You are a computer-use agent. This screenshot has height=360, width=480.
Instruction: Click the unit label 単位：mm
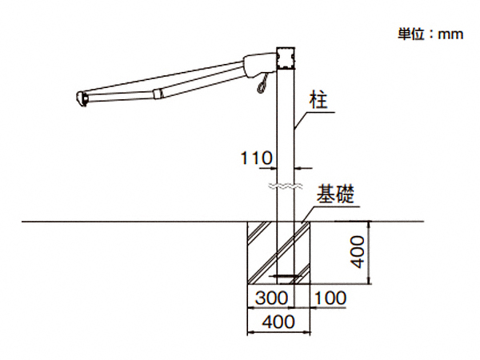point(431,34)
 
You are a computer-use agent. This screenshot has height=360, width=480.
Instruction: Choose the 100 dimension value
point(330,298)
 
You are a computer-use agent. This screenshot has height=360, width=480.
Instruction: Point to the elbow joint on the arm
point(159,94)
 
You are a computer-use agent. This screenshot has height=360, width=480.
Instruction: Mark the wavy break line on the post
point(286,186)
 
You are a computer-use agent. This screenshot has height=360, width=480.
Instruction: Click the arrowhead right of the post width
point(300,167)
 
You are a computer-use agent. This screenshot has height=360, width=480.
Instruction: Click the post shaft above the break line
point(286,128)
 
